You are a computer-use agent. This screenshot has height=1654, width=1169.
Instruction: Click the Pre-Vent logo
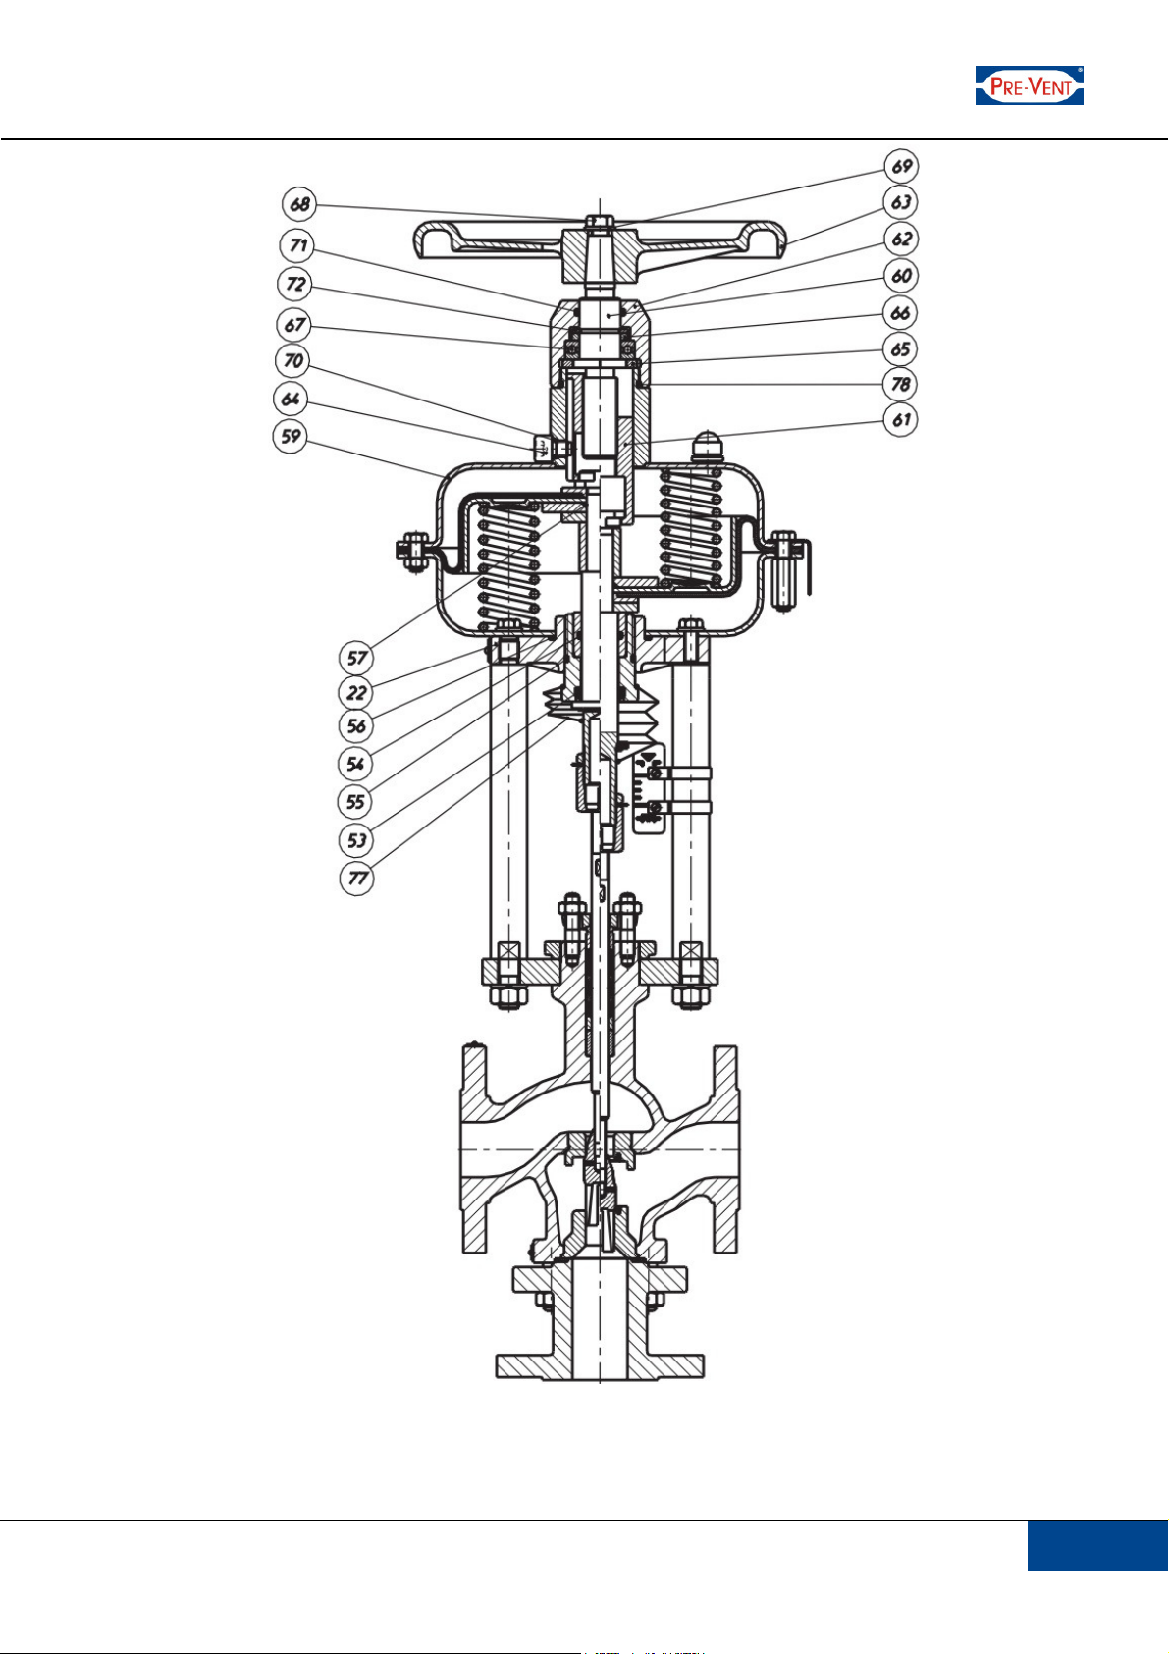[1029, 85]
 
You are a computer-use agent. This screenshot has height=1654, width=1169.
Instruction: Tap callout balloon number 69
[901, 166]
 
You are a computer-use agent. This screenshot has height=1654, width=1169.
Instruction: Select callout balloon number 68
[299, 204]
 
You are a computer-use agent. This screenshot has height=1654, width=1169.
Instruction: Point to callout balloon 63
[901, 202]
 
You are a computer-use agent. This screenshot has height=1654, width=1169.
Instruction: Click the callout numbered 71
[297, 245]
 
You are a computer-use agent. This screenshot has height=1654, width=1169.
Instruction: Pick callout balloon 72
[295, 285]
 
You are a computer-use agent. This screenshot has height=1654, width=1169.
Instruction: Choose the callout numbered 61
[901, 419]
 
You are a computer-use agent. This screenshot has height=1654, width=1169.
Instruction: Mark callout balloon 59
[291, 436]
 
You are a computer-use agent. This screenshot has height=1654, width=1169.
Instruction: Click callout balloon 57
[356, 657]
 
